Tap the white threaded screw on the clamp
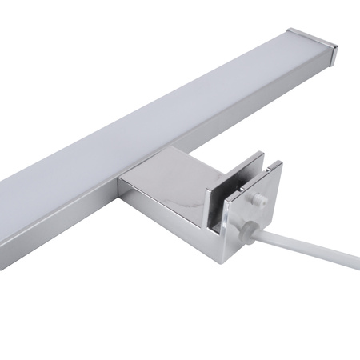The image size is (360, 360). (260, 200)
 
